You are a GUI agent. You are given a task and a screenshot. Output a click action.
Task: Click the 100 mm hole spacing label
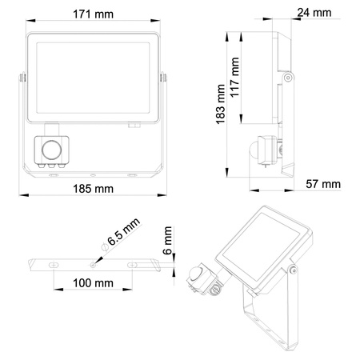[x=92, y=283]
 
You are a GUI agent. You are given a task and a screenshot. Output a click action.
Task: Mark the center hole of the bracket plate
[x=93, y=262]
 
